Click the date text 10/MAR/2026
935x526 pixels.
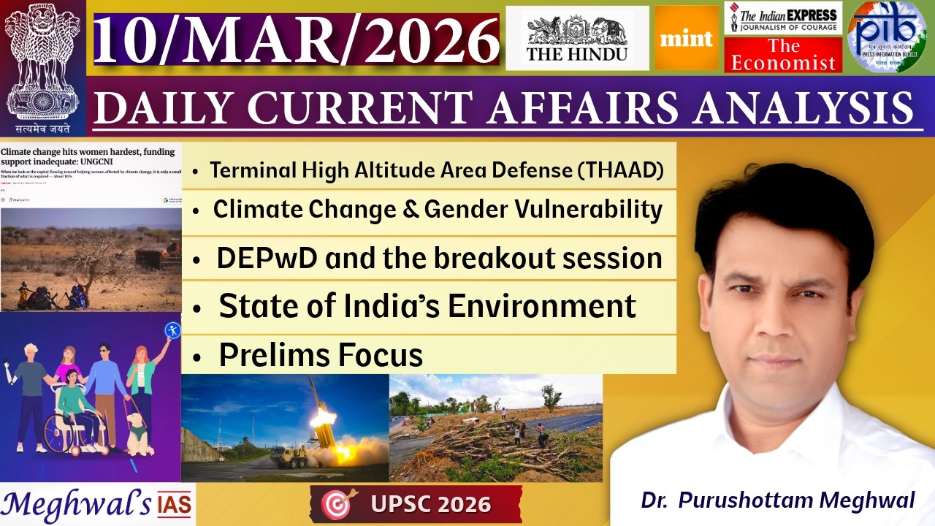pos(296,39)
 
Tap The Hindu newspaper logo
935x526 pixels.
pos(577,38)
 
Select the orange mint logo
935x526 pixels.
pos(687,38)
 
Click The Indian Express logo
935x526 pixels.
pos(783,18)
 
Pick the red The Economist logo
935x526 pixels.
pos(783,56)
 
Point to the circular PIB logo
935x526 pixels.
pos(886,37)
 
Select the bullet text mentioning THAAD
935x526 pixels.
pos(437,171)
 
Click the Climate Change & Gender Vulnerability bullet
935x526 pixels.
pos(438,210)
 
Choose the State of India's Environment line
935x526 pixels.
pos(427,306)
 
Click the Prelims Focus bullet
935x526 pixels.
pos(321,355)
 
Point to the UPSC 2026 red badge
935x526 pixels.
pos(416,504)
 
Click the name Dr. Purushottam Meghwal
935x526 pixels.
pos(778,500)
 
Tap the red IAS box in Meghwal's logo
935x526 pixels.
pos(175,504)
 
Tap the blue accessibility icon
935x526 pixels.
pos(172,330)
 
